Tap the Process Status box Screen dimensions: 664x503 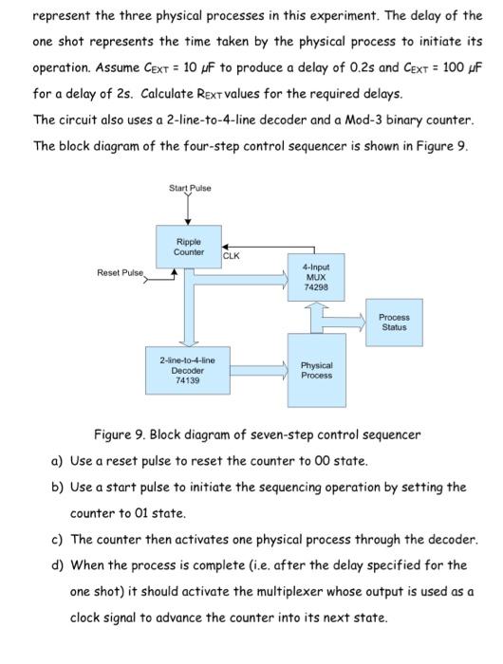[394, 322]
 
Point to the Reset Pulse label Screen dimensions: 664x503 [120, 273]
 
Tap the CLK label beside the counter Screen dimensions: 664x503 [232, 255]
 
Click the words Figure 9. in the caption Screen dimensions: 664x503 [118, 435]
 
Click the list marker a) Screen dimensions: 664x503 [57, 460]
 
